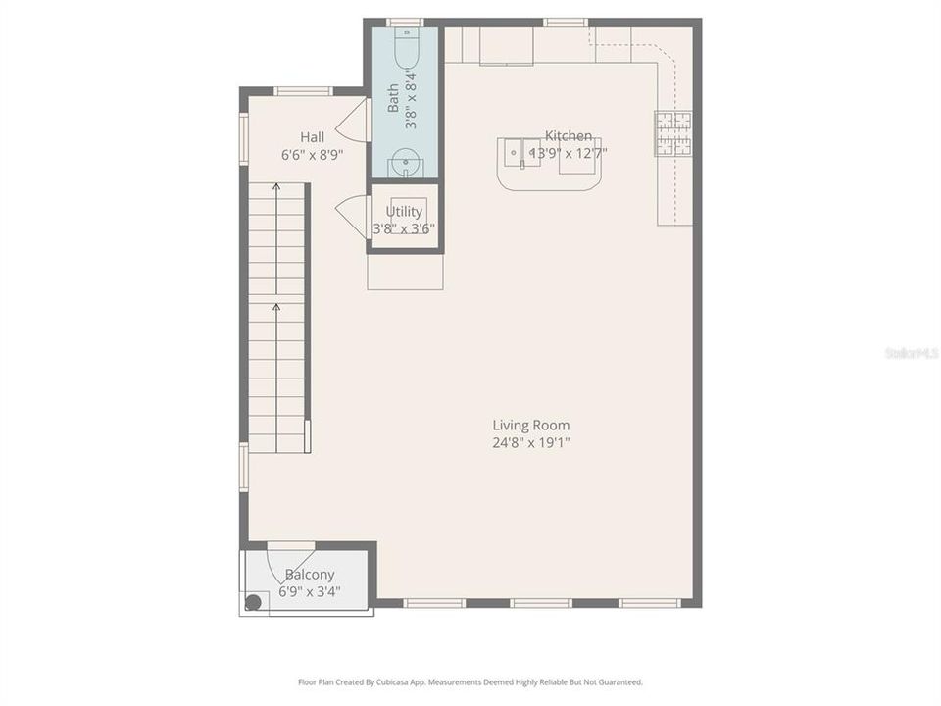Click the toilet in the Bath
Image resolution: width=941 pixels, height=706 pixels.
click(x=405, y=44)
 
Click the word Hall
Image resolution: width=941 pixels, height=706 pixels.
click(x=312, y=137)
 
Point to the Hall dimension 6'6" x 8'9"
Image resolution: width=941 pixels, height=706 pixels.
click(x=312, y=155)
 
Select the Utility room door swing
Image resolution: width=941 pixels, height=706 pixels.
click(x=352, y=214)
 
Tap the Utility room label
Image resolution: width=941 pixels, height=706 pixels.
click(x=404, y=211)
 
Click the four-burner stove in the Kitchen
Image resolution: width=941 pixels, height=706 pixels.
click(x=673, y=134)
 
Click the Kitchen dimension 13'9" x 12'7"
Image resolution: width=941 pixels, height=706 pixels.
click(x=569, y=153)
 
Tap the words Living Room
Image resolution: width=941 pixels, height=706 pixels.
click(x=530, y=426)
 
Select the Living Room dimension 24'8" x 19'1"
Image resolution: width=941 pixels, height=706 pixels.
click(x=530, y=442)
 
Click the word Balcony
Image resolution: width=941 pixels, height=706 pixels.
click(x=310, y=575)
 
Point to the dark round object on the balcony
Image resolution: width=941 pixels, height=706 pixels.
click(x=253, y=603)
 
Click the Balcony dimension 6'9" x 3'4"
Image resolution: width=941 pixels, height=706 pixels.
click(x=310, y=591)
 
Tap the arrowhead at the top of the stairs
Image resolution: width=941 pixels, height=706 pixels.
click(x=276, y=184)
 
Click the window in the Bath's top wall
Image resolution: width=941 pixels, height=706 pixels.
click(x=404, y=22)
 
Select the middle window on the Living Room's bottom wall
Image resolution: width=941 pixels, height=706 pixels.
click(x=540, y=602)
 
